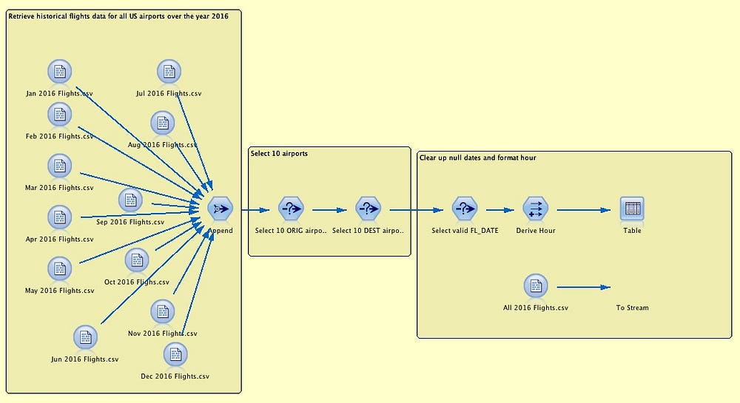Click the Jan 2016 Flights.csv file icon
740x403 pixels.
[x=59, y=72]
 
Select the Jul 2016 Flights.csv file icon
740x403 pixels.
[x=169, y=72]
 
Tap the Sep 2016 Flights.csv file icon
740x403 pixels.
[x=130, y=200]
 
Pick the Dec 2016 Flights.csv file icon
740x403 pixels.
[x=175, y=355]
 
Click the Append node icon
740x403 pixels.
[x=220, y=209]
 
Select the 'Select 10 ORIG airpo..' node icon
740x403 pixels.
[x=291, y=209]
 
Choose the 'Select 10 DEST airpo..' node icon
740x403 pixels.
[x=368, y=209]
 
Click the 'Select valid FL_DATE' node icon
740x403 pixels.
[x=464, y=209]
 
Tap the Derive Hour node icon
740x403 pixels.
[x=535, y=209]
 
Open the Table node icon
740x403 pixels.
[x=632, y=209]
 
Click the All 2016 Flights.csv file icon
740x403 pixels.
[x=535, y=286]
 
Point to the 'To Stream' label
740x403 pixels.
[x=632, y=308]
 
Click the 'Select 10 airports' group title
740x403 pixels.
[x=280, y=154]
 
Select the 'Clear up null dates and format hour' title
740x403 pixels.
[x=477, y=158]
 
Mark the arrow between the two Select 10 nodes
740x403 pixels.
[x=329, y=210]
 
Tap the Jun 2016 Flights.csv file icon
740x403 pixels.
[x=86, y=338]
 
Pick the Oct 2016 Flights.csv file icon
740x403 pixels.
[x=137, y=260]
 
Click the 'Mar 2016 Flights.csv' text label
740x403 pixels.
[x=59, y=188]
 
